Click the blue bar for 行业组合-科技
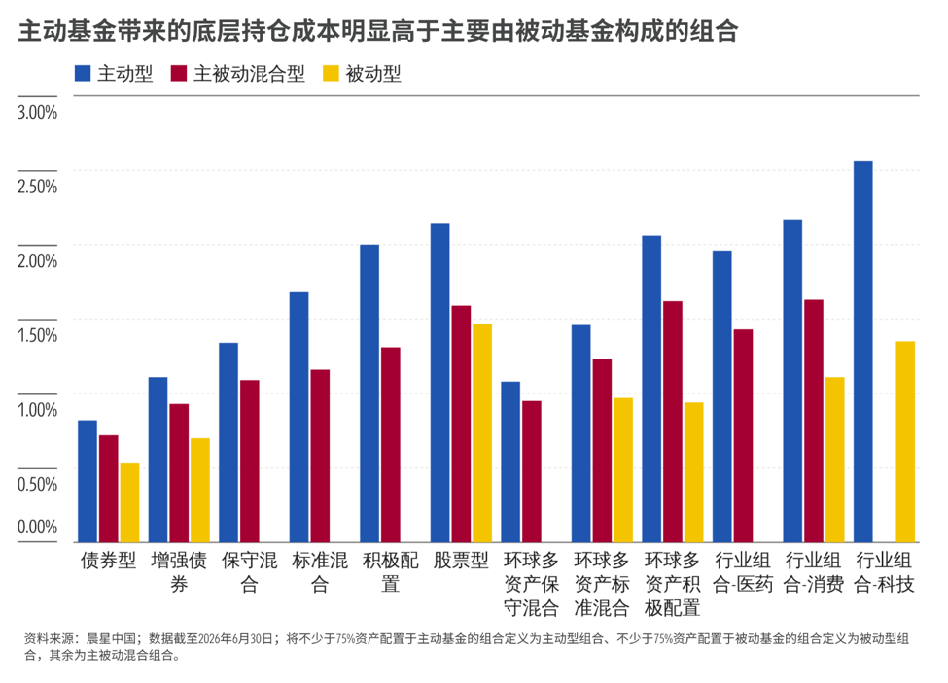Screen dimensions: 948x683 click(x=862, y=352)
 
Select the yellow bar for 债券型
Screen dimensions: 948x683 click(x=129, y=502)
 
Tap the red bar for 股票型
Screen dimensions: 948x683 click(x=461, y=424)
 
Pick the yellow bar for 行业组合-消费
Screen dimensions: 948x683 click(x=835, y=460)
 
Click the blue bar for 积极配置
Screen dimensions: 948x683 click(x=369, y=393)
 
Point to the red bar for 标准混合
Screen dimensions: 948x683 click(x=320, y=456)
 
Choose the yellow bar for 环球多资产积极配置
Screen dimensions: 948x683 click(x=693, y=472)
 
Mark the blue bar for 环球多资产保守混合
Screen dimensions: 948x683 click(x=510, y=462)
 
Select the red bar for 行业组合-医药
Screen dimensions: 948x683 click(x=743, y=436)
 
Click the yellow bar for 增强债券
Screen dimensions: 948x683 click(x=200, y=491)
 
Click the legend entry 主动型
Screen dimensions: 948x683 click(x=114, y=74)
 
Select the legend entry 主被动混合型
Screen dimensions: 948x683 click(x=237, y=74)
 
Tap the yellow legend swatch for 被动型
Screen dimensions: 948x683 click(x=331, y=74)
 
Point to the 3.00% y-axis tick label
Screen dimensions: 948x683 click(x=38, y=113)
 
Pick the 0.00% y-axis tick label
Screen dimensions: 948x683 click(x=38, y=528)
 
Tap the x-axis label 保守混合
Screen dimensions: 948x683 click(x=249, y=572)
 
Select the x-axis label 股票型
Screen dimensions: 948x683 click(x=461, y=561)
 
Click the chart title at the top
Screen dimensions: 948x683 click(x=378, y=31)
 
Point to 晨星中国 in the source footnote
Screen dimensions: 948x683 click(x=111, y=639)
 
